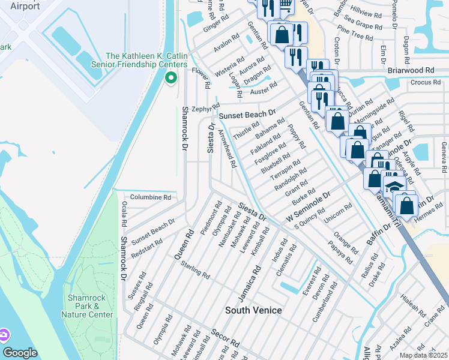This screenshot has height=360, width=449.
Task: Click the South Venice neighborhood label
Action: (253, 310)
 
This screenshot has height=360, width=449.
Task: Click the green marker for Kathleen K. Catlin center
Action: (170, 77)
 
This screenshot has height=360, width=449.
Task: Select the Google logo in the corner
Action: (20, 353)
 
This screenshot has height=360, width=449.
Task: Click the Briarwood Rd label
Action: (411, 70)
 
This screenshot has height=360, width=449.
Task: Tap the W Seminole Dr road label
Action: (309, 206)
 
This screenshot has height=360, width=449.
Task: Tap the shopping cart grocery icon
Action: (284, 5)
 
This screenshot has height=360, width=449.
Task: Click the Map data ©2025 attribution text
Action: (423, 355)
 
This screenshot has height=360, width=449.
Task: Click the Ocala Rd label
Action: (124, 214)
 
